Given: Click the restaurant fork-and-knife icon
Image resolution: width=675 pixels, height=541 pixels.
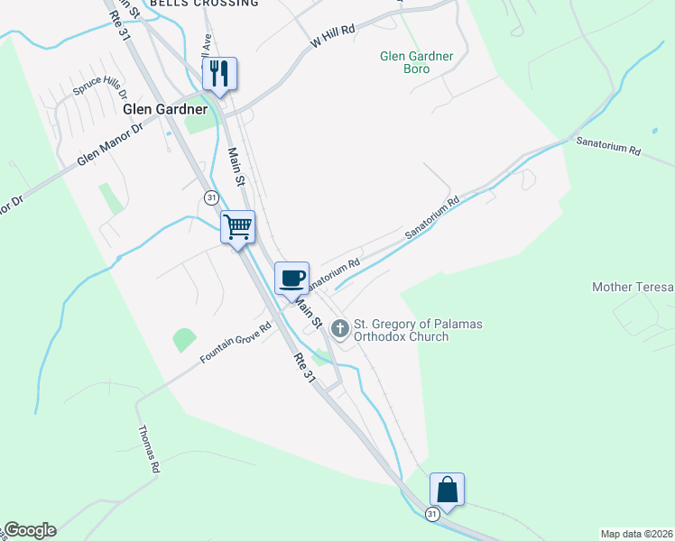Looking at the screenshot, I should tap(218, 73).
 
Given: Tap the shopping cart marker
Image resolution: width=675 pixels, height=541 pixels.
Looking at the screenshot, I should tap(238, 226).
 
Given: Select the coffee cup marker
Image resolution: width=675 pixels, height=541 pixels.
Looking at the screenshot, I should tap(291, 278).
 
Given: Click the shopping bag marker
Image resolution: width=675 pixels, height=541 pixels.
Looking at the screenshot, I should tap(447, 490).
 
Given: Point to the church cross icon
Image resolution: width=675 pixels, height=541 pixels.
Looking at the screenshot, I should tap(340, 328).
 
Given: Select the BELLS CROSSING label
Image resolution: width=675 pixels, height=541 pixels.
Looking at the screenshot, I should tap(204, 4).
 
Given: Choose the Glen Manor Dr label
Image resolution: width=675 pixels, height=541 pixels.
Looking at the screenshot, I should tap(110, 144).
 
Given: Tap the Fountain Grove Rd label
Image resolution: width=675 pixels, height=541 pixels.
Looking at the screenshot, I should tap(236, 344).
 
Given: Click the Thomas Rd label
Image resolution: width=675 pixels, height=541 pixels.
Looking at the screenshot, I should tap(149, 449).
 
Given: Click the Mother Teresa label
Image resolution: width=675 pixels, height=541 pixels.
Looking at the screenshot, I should tap(633, 287).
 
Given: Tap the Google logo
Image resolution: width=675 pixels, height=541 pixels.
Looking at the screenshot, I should tap(29, 530).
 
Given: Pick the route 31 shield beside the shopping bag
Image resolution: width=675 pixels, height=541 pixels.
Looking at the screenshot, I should tap(432, 513).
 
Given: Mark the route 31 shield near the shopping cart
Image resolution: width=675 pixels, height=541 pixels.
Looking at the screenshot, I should tap(211, 197).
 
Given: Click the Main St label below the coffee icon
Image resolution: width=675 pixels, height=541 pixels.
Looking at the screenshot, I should tap(310, 312).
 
